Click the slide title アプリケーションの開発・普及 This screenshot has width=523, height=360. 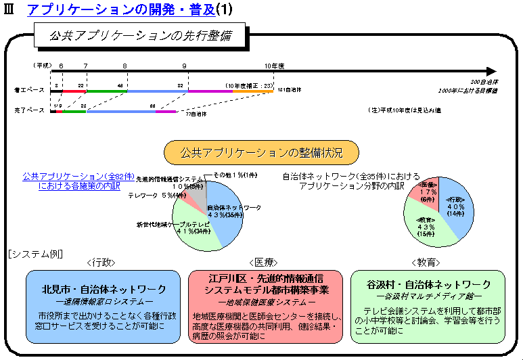point(120,9)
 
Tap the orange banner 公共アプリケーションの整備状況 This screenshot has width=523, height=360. point(261,150)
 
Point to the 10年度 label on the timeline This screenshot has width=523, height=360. point(274,65)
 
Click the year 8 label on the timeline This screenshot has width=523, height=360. point(124,65)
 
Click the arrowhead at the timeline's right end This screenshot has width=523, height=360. point(490,71)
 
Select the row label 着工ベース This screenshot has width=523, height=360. point(29,89)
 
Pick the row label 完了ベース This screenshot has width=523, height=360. point(29,109)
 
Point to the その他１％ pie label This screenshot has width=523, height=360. point(236,175)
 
